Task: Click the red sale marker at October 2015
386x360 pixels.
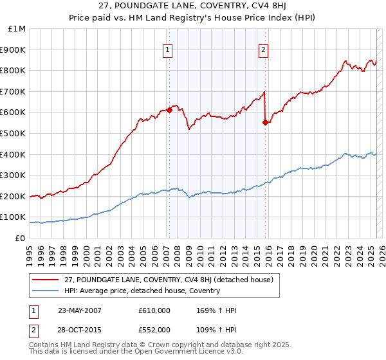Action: [265, 122]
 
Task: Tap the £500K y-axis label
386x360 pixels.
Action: [14, 133]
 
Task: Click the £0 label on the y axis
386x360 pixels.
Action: [21, 238]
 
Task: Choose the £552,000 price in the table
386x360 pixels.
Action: [154, 329]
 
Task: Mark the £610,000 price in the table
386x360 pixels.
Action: [154, 310]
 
